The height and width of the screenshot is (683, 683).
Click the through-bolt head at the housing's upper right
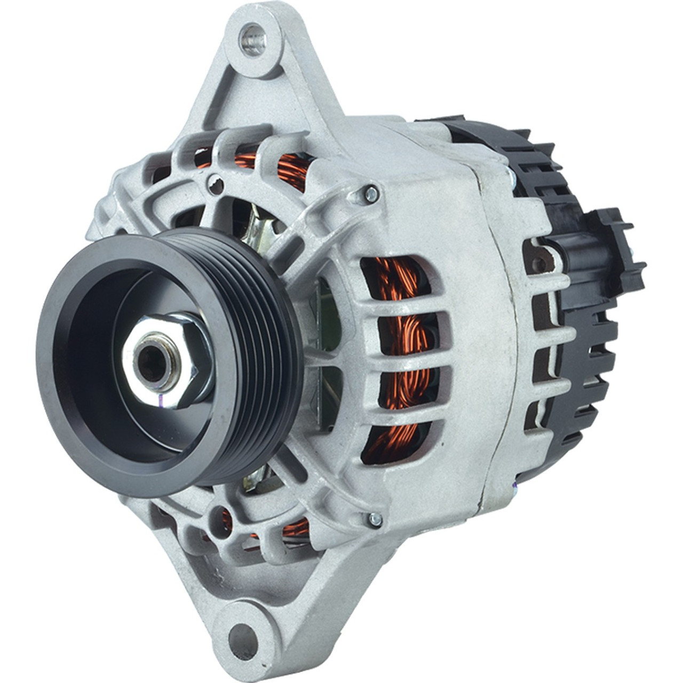click(369, 194)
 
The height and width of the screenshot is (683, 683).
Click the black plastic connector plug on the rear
click(614, 251)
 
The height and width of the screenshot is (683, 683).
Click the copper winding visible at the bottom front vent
click(293, 528)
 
